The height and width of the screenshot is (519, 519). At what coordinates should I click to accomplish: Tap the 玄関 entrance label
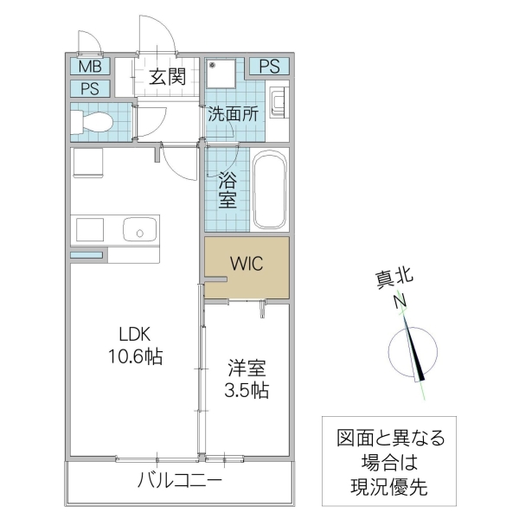(x=168, y=77)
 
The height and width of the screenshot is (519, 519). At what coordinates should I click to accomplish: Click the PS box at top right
(x=269, y=67)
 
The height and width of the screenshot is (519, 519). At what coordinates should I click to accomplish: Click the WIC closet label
(x=246, y=263)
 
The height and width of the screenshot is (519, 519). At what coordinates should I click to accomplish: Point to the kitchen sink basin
(x=138, y=230)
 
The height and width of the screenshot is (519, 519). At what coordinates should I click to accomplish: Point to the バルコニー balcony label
(x=180, y=482)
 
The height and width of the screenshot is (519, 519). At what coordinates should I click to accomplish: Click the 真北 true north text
(x=394, y=279)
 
